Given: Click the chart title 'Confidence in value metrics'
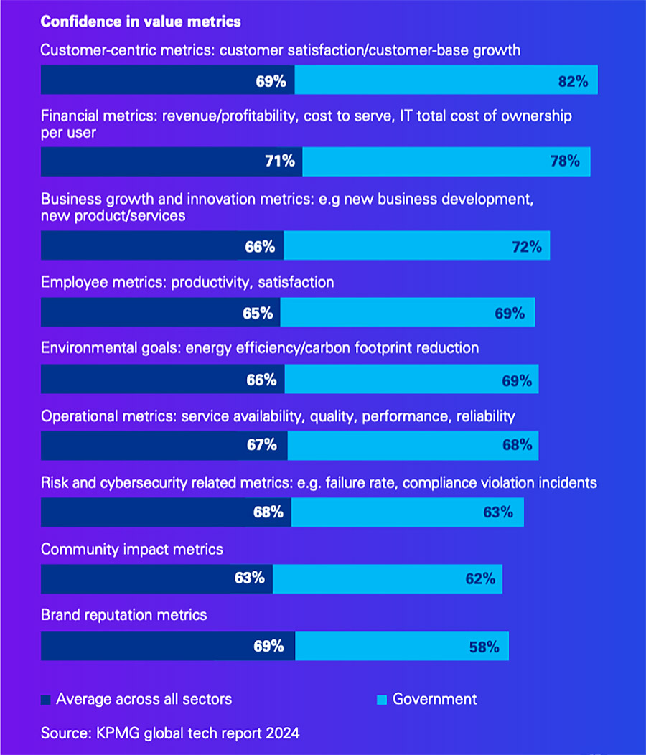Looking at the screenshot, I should point(141,22).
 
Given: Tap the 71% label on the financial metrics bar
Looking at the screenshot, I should point(280,161).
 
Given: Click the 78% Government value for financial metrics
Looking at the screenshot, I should point(564,161).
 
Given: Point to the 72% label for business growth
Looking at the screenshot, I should point(526,248).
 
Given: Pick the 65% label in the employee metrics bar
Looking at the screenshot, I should point(258,314).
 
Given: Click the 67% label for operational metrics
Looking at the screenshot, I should point(262,446).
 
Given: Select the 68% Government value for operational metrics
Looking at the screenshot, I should point(517,446).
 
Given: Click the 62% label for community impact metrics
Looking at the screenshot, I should point(480,578).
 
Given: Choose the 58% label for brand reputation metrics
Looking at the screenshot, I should point(484,647).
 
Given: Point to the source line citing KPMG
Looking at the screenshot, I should point(170,733).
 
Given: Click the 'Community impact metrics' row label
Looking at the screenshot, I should point(132,550).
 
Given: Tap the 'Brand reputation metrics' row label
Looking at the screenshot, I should point(124,615).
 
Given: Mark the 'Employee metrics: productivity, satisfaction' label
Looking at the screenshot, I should point(187,283).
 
